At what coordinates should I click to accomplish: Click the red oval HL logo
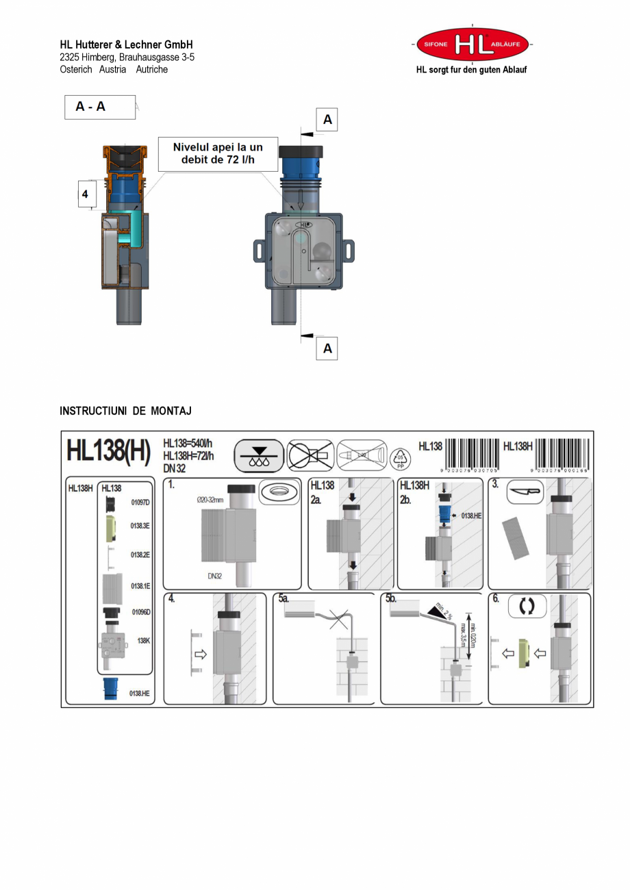pos(473,44)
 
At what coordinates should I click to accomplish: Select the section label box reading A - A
pos(100,107)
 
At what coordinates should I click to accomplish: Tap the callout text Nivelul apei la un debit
pos(218,154)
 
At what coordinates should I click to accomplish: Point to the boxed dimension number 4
pos(85,194)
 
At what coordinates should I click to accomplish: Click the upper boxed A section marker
pos(327,120)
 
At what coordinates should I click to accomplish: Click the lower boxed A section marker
pos(327,348)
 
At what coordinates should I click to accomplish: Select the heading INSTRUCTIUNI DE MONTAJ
pos(125,411)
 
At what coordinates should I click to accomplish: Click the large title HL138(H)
pos(108,452)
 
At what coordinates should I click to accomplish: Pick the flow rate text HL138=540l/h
pos(188,444)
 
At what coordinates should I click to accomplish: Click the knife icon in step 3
pos(525,492)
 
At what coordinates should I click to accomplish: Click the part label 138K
pos(143,641)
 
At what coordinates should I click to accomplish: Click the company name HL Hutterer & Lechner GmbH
pos(126,44)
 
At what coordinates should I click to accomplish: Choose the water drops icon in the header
pos(259,456)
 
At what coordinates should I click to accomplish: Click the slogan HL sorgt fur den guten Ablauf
pos(471,70)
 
